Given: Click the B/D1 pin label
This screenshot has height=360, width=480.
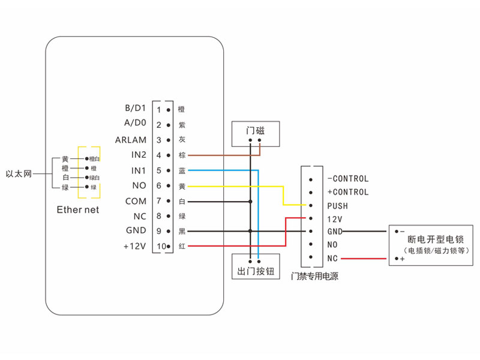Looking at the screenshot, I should pos(135,109).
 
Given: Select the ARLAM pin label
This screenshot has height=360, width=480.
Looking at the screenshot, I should pos(131,140).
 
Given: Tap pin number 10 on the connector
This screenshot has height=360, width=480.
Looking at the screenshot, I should pos(158,247).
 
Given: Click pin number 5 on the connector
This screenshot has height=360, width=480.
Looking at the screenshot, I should pos(159,171).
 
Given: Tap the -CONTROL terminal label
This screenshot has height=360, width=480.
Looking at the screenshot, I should pos(348,179).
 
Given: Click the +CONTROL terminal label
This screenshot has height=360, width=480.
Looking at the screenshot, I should pos(348,192).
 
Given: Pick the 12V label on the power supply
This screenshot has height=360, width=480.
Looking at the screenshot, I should pos(335,218).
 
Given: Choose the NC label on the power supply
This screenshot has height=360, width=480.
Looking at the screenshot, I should pos(332,258).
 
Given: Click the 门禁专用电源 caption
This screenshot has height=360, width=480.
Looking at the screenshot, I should pos(314,277).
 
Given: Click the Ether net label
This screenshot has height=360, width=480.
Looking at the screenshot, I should pos(78,210).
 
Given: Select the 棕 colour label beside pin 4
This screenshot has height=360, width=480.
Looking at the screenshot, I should pos(182,155).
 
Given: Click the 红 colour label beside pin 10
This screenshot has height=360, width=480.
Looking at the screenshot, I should pos(182,247).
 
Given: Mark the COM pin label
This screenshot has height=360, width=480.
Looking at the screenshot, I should pos(136,201).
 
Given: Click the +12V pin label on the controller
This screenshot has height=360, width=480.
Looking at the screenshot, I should pos(134,246).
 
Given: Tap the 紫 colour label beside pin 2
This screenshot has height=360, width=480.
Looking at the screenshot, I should pos(182,125).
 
